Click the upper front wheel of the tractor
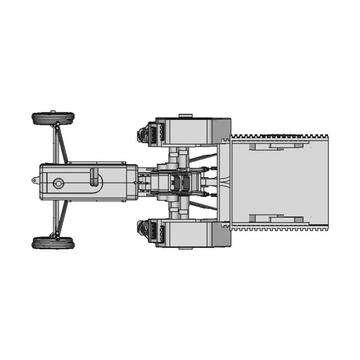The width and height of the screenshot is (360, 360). pos(53,119)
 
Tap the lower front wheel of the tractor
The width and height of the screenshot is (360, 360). pos(53,243)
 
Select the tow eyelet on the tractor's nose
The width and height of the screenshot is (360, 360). pos(35,181)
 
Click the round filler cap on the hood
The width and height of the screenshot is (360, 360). pos(58,183)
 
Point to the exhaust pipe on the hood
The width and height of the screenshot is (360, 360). pos(96,179)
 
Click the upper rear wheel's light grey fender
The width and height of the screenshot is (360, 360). pos(186,131)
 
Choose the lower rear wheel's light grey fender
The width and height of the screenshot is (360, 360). pos(186,232)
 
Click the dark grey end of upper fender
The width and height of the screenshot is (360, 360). pos(221,130)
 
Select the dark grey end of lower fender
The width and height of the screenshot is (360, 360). pos(221,234)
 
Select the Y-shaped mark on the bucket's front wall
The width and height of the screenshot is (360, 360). pos(225,182)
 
